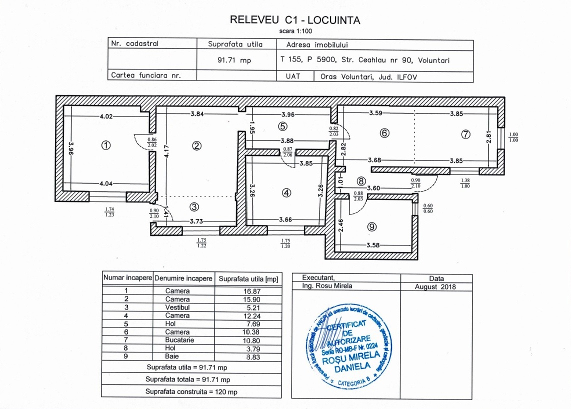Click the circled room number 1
(105, 145)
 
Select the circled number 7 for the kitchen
(465, 134)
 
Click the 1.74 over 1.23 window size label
(110, 211)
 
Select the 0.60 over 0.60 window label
(428, 208)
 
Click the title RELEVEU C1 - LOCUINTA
(294, 19)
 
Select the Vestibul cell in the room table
(177, 307)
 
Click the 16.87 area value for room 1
(247, 290)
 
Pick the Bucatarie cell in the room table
(177, 340)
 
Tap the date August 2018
(436, 287)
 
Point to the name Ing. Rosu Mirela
(327, 286)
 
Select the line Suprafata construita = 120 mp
(191, 391)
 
